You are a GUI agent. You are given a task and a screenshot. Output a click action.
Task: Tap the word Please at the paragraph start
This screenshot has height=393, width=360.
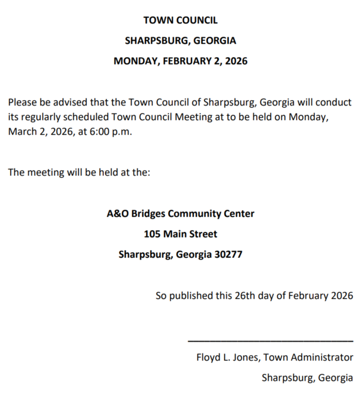(23, 102)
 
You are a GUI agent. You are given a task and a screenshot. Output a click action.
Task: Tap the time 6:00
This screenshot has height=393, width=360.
(100, 132)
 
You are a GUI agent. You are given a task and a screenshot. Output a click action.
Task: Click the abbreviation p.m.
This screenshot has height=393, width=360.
(122, 132)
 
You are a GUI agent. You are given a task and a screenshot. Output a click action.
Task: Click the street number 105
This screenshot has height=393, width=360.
(152, 234)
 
